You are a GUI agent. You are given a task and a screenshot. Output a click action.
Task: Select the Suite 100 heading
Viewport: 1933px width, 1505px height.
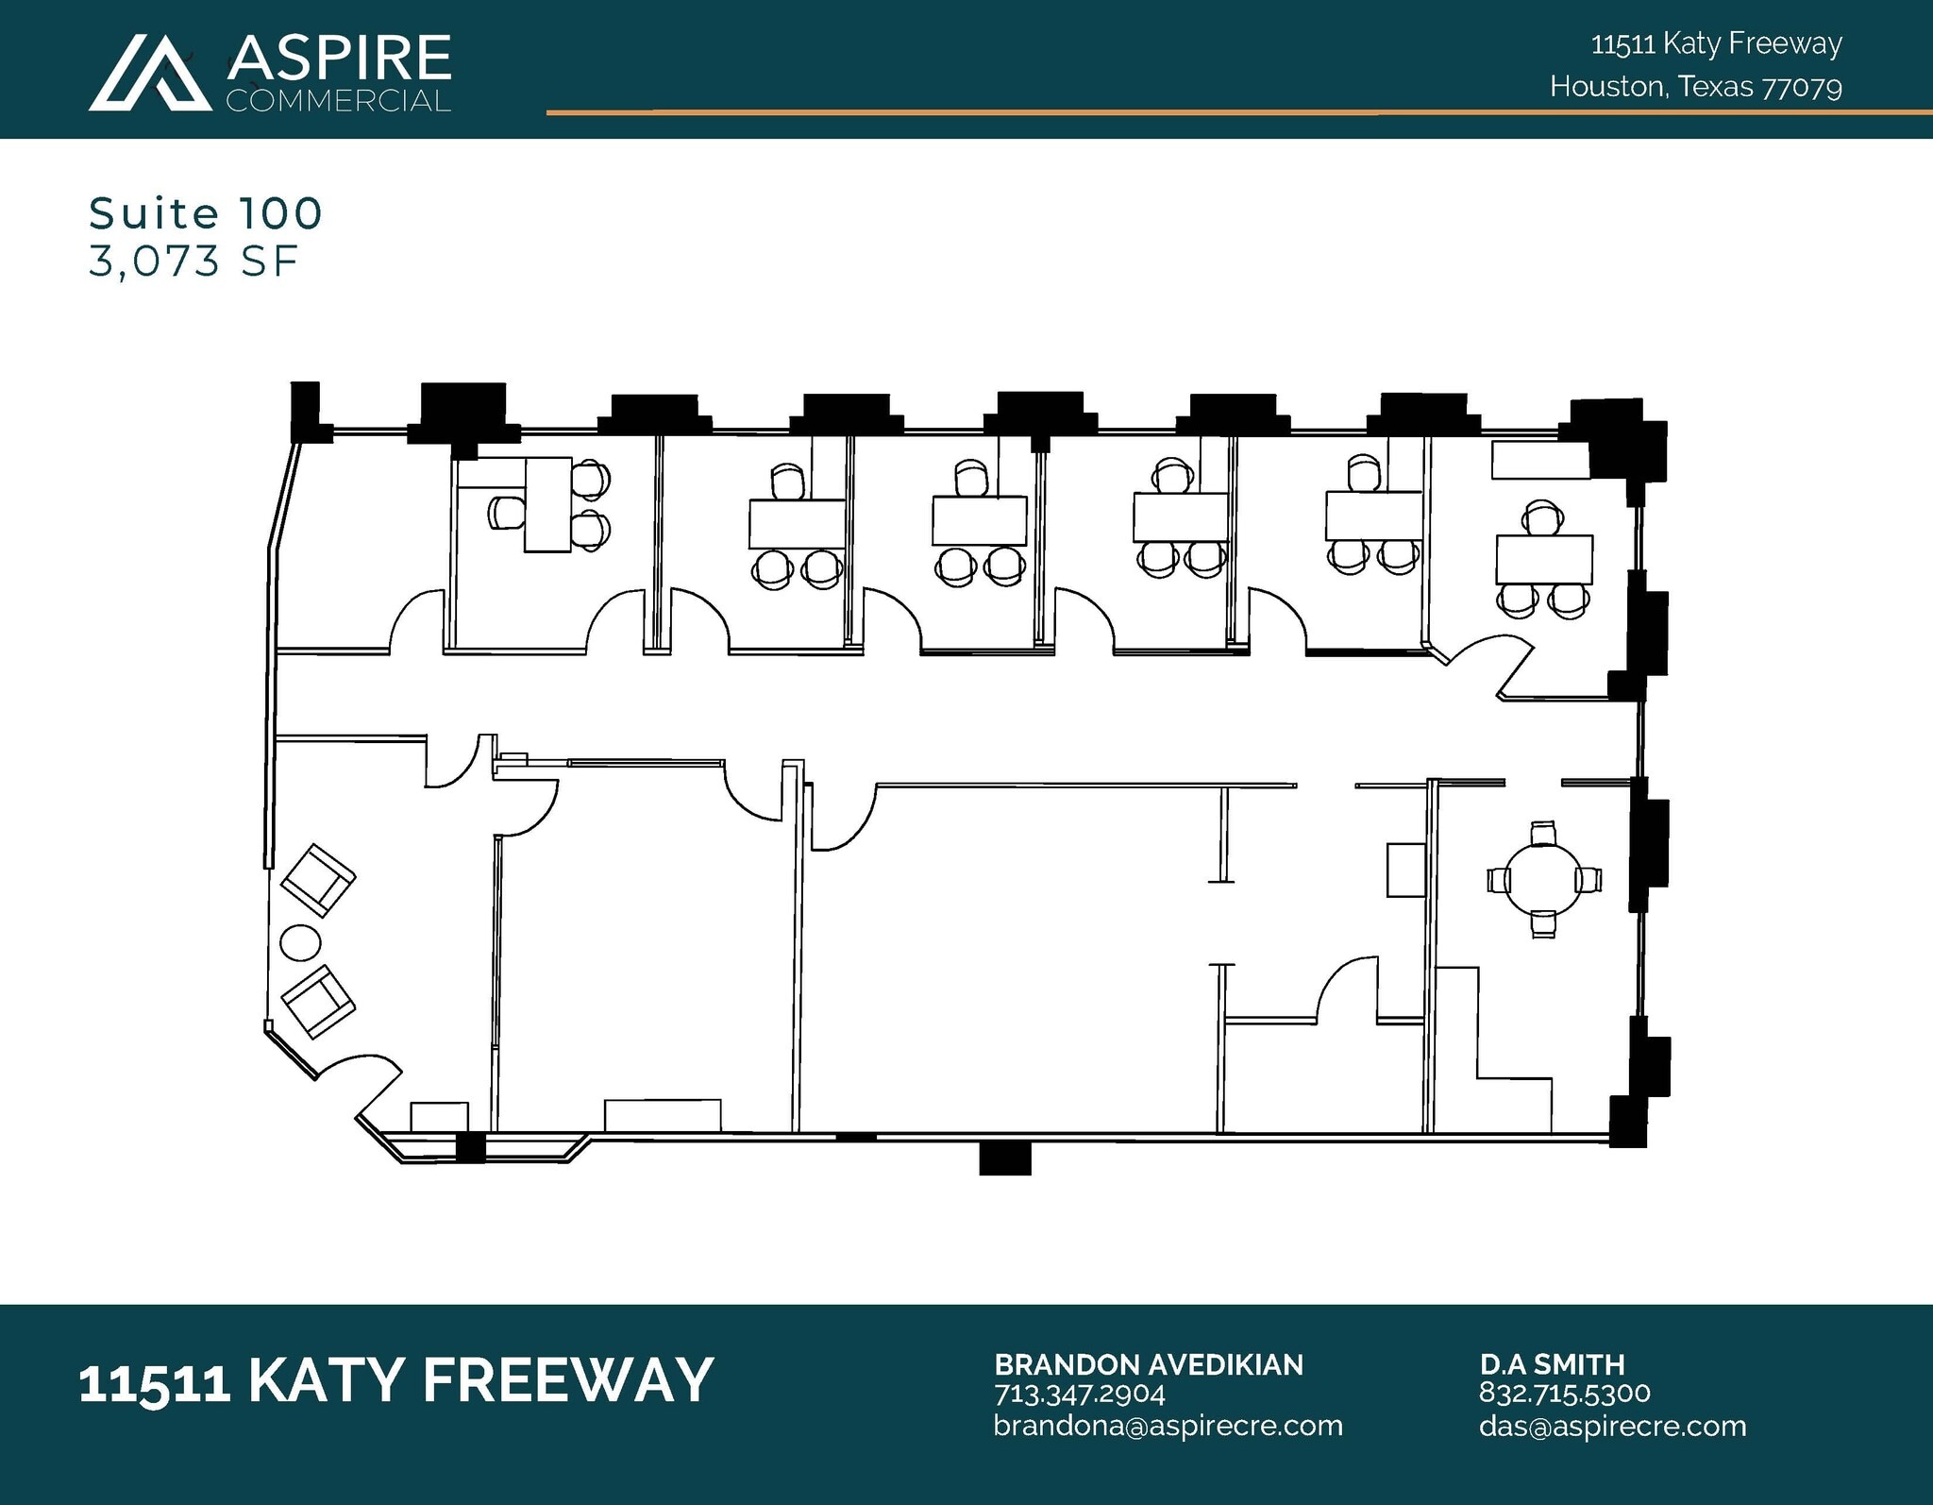coord(206,213)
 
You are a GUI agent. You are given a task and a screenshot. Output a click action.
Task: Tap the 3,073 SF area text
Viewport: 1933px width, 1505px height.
coord(193,262)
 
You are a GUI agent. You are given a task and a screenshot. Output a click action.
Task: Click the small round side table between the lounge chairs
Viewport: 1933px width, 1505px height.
coord(300,942)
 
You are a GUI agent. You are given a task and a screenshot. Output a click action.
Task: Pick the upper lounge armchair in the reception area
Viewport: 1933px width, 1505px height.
coord(319,880)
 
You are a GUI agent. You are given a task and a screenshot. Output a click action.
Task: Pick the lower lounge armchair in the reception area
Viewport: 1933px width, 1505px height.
coord(319,1003)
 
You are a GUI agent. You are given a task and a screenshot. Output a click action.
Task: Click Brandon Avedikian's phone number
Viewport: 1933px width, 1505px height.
coord(1080,1394)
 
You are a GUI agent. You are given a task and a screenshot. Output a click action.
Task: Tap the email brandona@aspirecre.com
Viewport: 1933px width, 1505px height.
coord(1168,1425)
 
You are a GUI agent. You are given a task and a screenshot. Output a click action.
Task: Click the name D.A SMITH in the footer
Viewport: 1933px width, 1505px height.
coord(1552,1364)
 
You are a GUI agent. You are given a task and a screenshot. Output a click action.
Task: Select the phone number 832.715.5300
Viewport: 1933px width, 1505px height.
coord(1564,1394)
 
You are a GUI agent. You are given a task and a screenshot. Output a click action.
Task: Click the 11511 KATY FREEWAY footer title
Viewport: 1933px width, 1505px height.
coord(395,1380)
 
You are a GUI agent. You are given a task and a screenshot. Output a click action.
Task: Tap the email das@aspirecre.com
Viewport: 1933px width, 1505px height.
coord(1612,1425)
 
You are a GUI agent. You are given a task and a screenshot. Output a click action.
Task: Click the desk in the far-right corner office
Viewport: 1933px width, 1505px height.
coord(1544,559)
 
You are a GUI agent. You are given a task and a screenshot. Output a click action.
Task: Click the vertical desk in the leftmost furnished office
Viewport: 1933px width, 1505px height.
coord(548,504)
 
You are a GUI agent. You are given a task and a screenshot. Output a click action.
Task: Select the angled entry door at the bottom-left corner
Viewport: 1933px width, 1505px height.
coord(363,1086)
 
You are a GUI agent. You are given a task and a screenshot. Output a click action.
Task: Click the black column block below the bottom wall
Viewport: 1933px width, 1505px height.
coord(1004,1158)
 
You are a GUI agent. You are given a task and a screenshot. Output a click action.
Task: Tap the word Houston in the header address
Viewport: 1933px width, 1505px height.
coord(1606,88)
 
